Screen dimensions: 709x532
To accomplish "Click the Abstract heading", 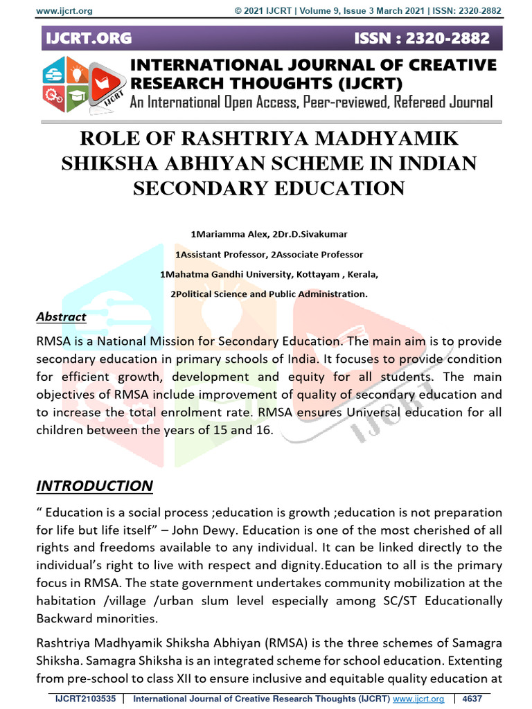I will (x=61, y=316).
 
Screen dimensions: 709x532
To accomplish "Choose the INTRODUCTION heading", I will (x=94, y=485).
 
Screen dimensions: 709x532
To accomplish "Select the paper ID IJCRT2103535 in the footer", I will (x=85, y=699).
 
